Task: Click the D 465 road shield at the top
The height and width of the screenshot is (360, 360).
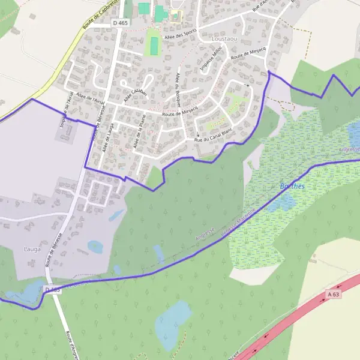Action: click(120, 23)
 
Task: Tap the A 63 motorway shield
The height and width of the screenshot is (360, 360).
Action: click(333, 294)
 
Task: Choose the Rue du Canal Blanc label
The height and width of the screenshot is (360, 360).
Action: click(212, 135)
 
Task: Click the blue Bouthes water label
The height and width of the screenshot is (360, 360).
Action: click(292, 186)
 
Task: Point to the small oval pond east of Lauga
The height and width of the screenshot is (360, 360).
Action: click(95, 246)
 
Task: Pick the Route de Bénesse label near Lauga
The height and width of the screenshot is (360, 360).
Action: click(55, 249)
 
